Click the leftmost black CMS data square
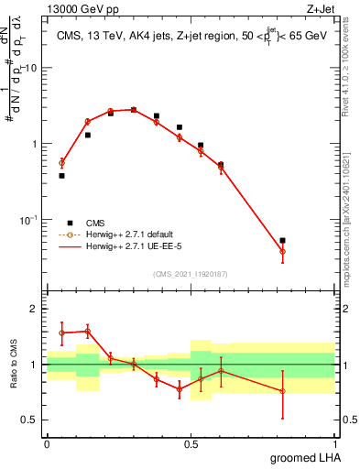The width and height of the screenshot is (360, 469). [61, 175]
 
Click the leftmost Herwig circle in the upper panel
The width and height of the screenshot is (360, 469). [61, 162]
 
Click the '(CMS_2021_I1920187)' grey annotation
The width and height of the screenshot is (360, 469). [190, 273]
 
